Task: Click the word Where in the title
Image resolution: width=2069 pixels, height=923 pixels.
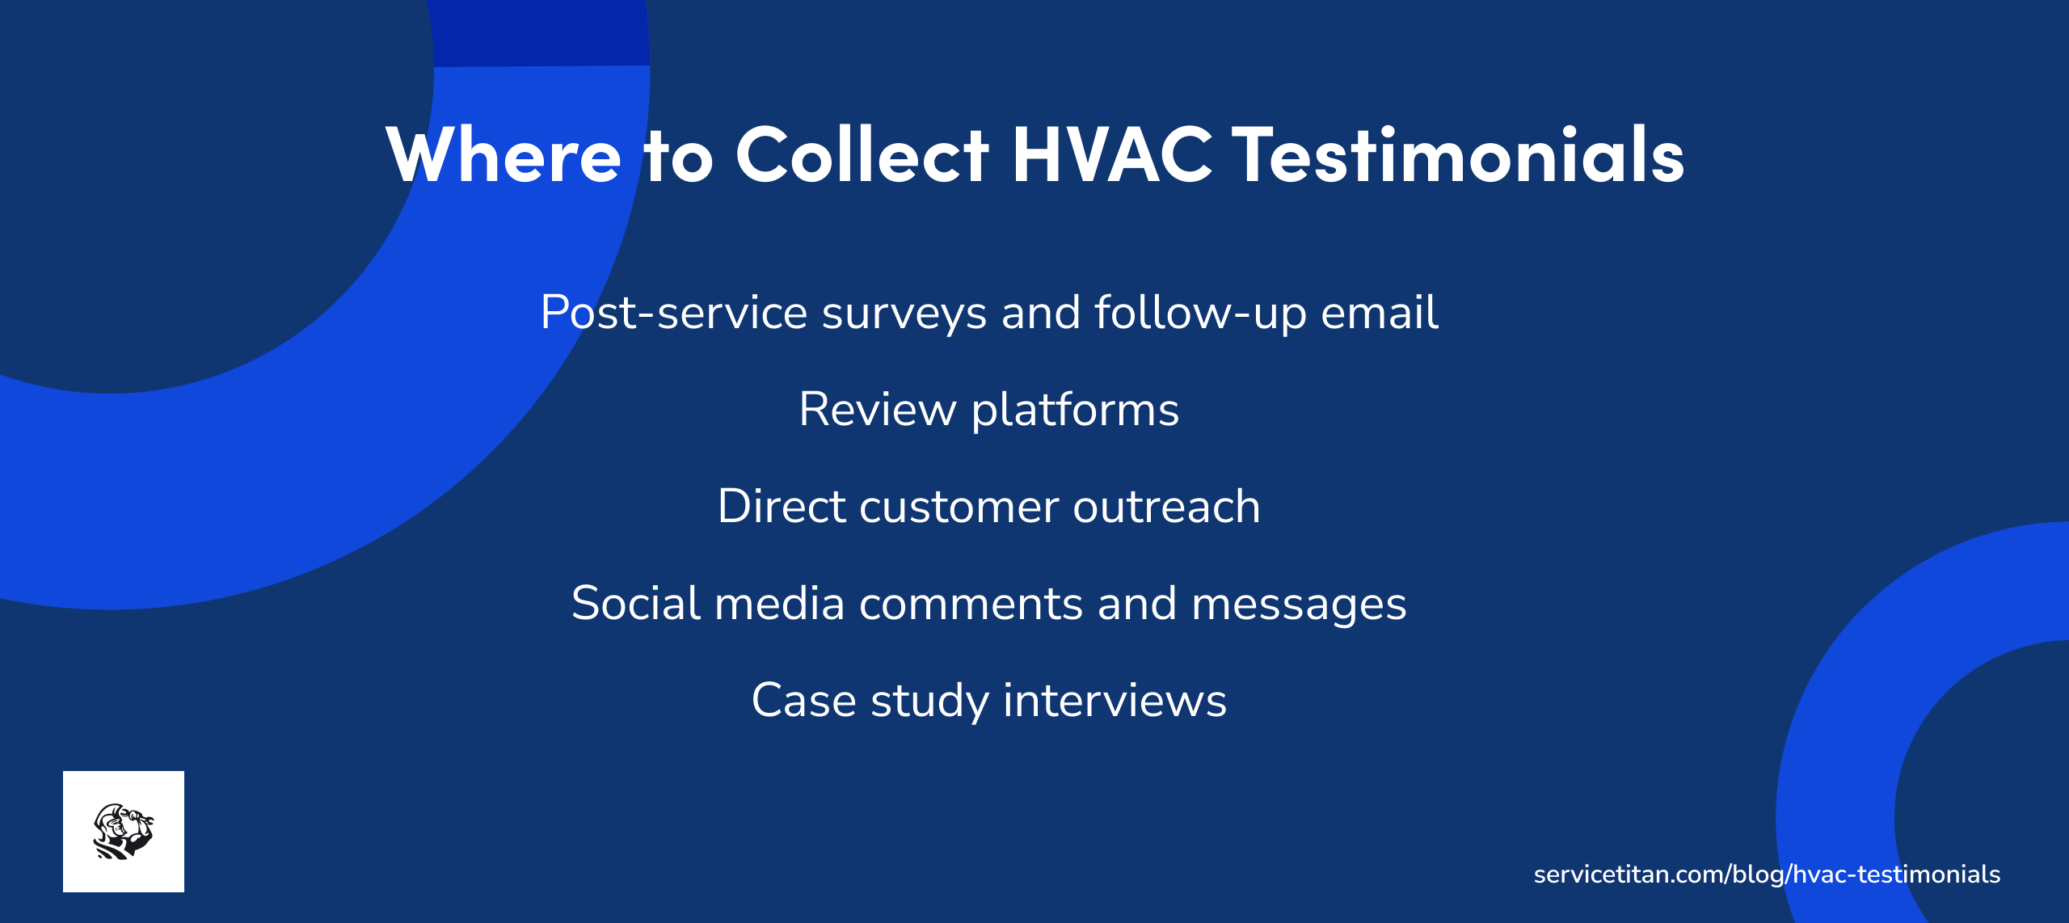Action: [x=504, y=154]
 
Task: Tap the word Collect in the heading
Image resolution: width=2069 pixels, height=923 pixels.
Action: [x=862, y=154]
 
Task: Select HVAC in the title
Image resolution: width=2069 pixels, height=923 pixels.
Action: [x=1111, y=154]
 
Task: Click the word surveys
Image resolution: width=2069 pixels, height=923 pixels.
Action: [x=904, y=313]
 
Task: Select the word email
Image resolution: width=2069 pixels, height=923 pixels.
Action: [x=1379, y=313]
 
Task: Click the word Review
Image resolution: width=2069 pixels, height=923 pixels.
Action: [x=877, y=410]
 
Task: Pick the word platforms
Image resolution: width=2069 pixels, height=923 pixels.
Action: [x=1075, y=410]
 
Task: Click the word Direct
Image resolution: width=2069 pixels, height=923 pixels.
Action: [x=781, y=507]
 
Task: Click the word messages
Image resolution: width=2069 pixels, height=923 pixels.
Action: [x=1299, y=604]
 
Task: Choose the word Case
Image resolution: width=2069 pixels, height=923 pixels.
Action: [x=803, y=701]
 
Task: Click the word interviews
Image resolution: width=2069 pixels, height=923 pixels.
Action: [x=1115, y=701]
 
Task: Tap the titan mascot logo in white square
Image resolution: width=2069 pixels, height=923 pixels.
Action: [x=124, y=832]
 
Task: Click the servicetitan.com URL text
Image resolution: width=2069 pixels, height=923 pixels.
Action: [x=1767, y=875]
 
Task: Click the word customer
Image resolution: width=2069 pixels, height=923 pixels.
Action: [x=959, y=507]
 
